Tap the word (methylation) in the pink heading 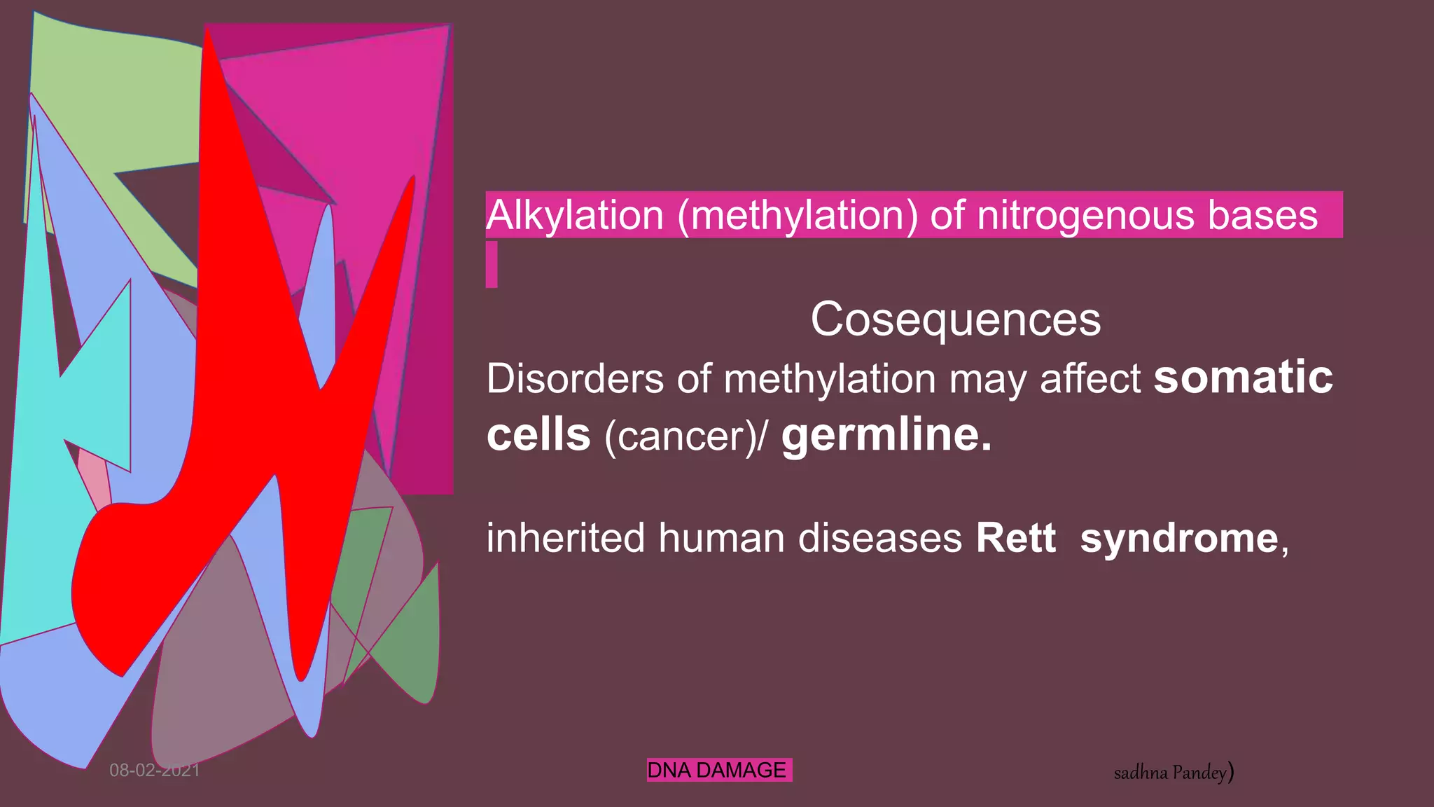tap(798, 215)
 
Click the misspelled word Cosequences tap(955, 319)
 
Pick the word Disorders tap(574, 379)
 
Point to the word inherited tap(565, 538)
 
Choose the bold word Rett tap(1015, 538)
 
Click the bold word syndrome tap(1179, 538)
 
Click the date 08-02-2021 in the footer tap(154, 771)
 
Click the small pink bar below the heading tap(492, 264)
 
